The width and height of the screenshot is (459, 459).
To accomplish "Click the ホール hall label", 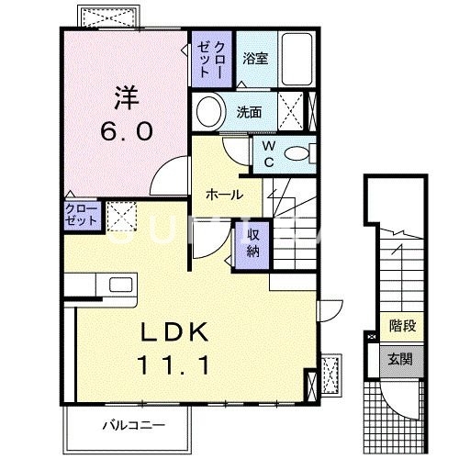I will tap(224, 196).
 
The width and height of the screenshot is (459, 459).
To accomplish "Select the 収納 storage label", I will tap(252, 242).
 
